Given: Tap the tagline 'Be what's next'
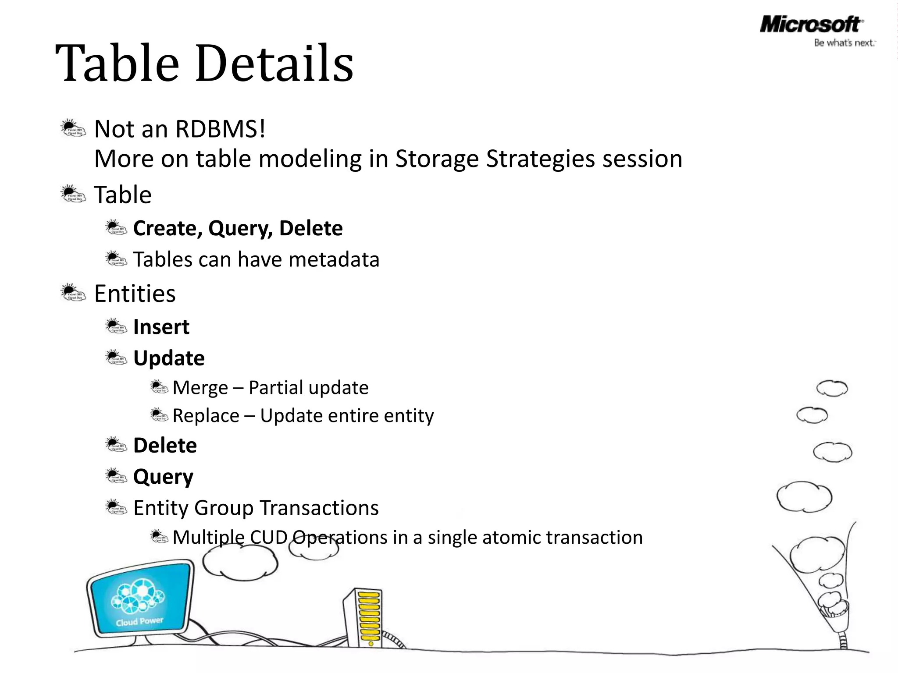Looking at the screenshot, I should tap(844, 43).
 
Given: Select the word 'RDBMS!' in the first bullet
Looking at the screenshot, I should tap(220, 129).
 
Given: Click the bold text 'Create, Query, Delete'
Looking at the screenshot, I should tap(238, 228).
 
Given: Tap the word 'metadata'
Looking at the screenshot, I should tap(334, 259).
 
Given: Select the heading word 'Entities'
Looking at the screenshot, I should tap(135, 294).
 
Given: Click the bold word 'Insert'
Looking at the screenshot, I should tap(161, 327).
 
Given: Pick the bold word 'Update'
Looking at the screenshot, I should tap(169, 358).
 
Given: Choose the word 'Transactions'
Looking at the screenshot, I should tap(319, 508).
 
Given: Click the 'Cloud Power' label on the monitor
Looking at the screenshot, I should tap(139, 622).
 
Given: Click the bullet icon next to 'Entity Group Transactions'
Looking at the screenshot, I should tap(116, 507).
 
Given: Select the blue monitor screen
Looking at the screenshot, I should tap(140, 598).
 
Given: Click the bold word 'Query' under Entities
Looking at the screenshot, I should tap(163, 477).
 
